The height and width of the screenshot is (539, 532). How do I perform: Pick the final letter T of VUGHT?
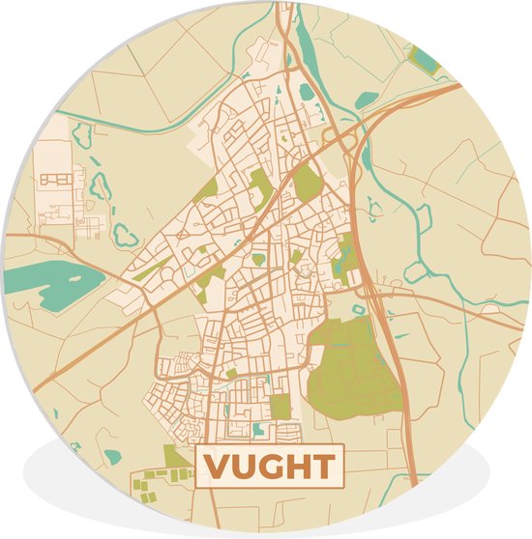tap(322, 467)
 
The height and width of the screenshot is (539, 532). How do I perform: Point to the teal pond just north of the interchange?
tap(367, 99)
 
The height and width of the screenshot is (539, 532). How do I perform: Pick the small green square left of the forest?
tap(281, 407)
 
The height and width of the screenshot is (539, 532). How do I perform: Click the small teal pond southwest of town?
tap(113, 455)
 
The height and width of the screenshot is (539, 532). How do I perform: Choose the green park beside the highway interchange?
tap(308, 182)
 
